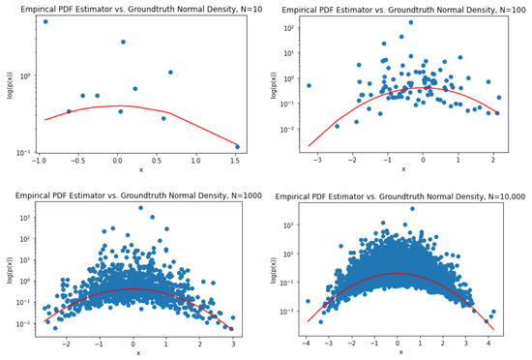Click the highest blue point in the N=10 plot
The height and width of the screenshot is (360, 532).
[x=45, y=21]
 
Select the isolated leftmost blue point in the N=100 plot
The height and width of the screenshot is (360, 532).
[x=309, y=85]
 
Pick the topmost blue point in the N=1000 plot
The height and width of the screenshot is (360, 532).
[x=141, y=207]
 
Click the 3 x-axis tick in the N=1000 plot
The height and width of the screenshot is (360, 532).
[x=233, y=344]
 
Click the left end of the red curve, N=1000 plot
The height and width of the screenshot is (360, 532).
[x=46, y=322]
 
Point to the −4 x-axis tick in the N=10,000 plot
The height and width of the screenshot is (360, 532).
[x=306, y=342]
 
